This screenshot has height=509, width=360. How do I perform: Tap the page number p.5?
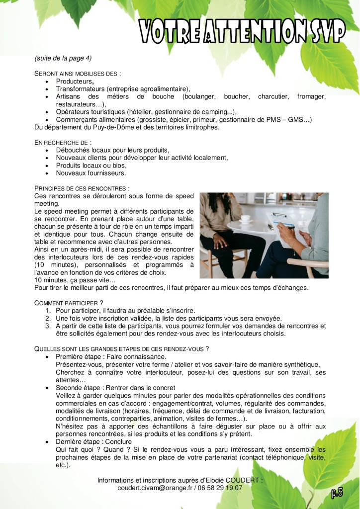tap(337, 493)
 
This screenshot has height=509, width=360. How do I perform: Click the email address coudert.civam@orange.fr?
tap(155, 488)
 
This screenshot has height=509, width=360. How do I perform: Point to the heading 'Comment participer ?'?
tap(69, 303)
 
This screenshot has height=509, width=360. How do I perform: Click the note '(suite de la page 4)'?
tap(63, 58)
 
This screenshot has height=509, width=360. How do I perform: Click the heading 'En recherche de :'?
tap(63, 142)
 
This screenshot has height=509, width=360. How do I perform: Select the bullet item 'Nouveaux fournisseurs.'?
tap(91, 173)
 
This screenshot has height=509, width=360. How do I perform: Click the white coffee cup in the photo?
tap(246, 218)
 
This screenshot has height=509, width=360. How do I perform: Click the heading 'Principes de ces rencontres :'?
tap(82, 188)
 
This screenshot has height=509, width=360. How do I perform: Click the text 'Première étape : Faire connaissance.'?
tap(111, 357)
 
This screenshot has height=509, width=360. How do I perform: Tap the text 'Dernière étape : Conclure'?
tap(93, 441)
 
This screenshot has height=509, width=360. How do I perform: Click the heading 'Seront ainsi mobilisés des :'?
tap(78, 73)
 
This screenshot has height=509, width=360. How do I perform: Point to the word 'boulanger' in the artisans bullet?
tap(198, 96)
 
